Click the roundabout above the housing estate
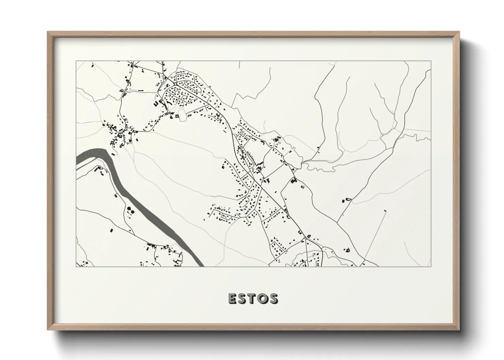pos(175,83)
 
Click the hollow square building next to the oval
pos(177,116)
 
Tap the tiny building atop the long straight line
pos(385,211)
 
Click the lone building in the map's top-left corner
pos(91,64)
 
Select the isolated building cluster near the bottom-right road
pos(348,250)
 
